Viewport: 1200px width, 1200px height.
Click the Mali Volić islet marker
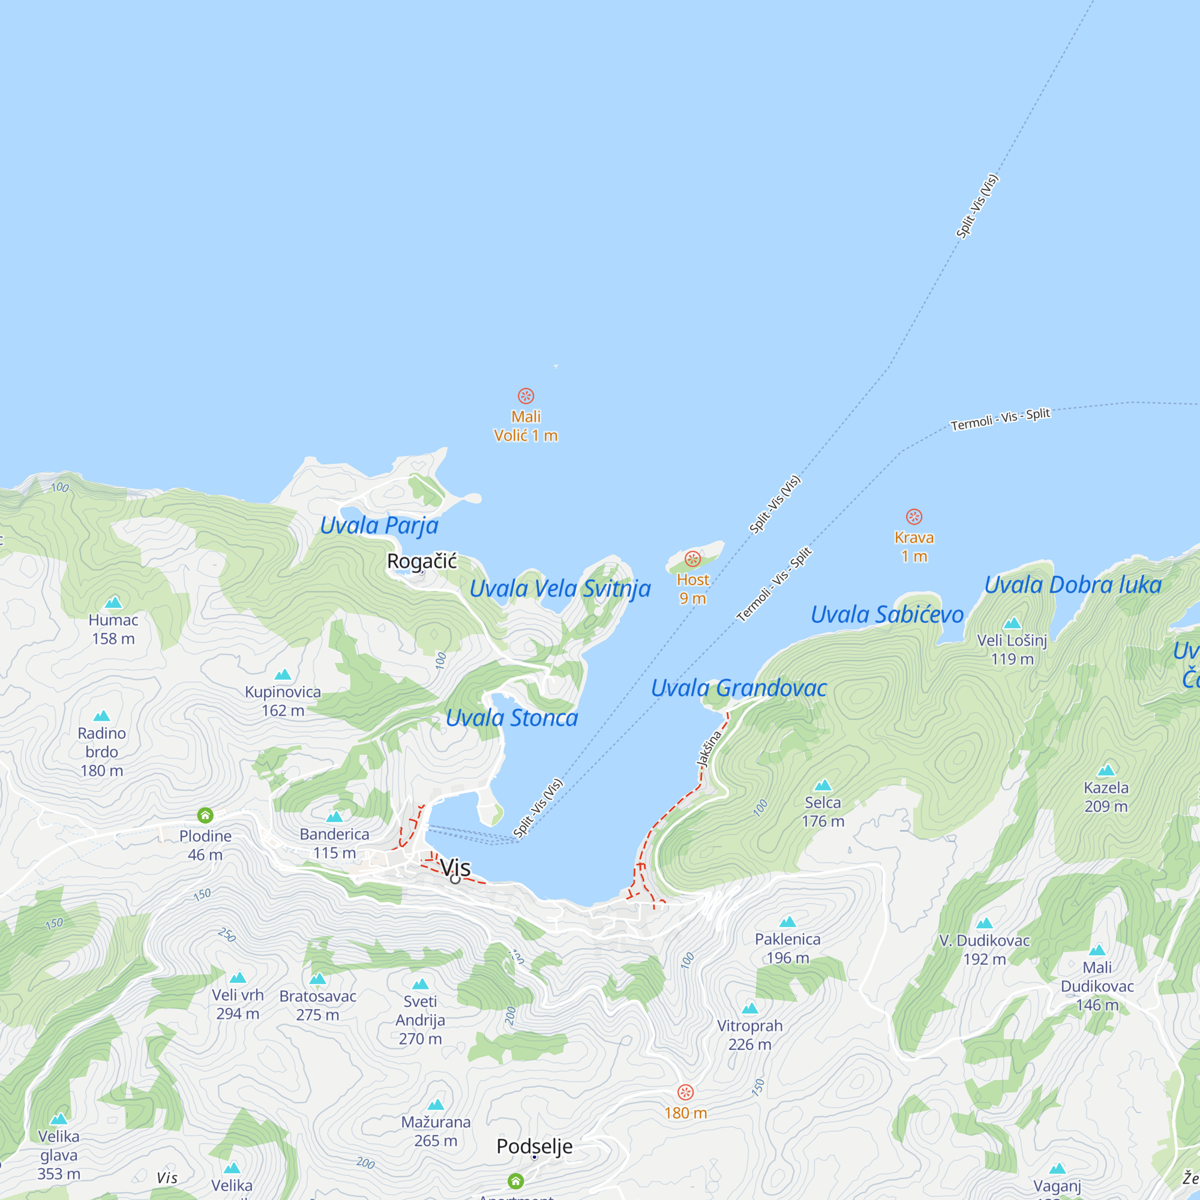[x=526, y=395]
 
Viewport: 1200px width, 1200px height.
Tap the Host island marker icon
[x=692, y=559]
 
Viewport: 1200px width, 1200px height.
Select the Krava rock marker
[x=914, y=516]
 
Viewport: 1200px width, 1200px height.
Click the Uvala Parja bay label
[x=379, y=526]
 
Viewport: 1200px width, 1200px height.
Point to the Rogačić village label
[x=422, y=561]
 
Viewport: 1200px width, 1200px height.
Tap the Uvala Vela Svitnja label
[x=560, y=588]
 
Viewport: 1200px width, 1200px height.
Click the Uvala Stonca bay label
[x=512, y=718]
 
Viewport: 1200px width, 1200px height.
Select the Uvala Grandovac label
[x=739, y=688]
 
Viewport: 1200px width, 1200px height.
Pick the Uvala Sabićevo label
[x=887, y=614]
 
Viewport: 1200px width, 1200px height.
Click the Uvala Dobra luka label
[x=1073, y=584]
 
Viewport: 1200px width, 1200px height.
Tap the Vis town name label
[x=455, y=867]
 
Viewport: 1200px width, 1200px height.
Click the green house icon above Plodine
[x=206, y=814]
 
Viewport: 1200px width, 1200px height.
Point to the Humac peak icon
[x=113, y=602]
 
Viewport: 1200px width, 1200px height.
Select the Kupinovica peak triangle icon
[x=283, y=674]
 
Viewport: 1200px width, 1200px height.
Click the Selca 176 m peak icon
[x=823, y=785]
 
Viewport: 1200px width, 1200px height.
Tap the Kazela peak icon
[x=1106, y=771]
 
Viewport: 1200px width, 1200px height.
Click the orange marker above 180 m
[x=685, y=1092]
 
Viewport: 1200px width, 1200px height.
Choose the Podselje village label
[x=534, y=1146]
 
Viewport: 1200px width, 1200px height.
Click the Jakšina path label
[x=709, y=749]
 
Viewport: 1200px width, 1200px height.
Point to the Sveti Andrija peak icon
[x=421, y=984]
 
